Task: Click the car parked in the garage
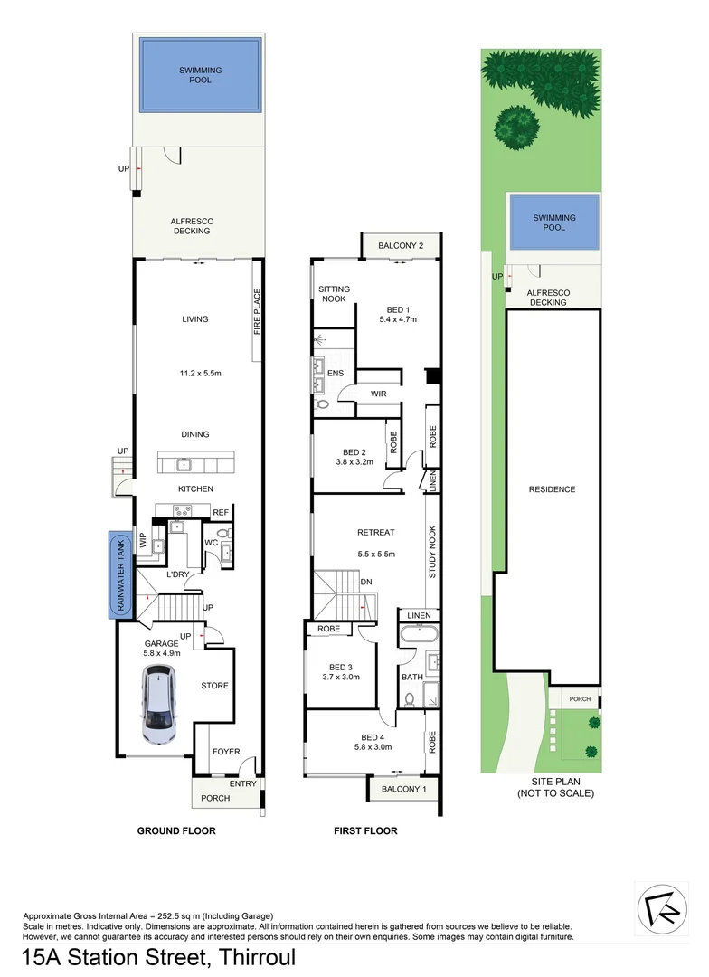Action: (x=159, y=705)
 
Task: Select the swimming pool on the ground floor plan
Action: (x=200, y=75)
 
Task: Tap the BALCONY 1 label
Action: (x=403, y=789)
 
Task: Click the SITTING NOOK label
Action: (x=334, y=295)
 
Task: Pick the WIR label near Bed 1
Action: (x=379, y=394)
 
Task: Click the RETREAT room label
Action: (x=375, y=533)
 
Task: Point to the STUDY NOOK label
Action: (x=432, y=552)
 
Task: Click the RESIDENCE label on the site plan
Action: (x=552, y=489)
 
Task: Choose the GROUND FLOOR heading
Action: (x=175, y=830)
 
